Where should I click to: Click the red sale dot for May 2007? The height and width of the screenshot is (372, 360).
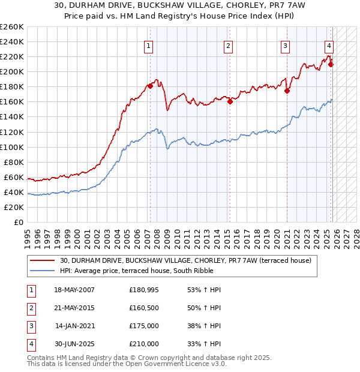coord(151,86)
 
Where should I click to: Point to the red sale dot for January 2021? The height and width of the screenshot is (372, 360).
coord(287,91)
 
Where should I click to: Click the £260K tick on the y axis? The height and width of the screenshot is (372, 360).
coord(12,27)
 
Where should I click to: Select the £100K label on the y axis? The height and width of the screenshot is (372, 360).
coord(12,147)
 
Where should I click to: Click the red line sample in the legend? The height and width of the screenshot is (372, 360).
coord(42,261)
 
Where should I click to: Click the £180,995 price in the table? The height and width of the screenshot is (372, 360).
coord(144,290)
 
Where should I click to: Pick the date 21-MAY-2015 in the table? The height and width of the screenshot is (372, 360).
coord(74,308)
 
